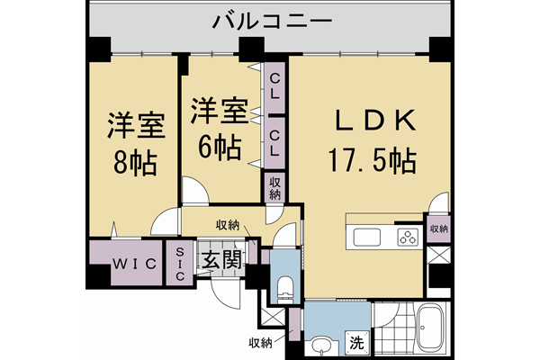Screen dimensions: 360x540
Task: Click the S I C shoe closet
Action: [179, 264]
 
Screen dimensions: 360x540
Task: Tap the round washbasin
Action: [320, 344]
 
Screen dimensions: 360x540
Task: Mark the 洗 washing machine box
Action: [357, 343]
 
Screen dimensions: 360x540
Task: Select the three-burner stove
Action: [409, 238]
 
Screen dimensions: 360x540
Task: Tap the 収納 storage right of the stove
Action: [438, 229]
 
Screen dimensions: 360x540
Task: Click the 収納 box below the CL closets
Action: [274, 188]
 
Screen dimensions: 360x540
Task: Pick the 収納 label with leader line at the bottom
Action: [261, 342]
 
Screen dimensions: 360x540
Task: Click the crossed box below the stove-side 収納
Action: [438, 256]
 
